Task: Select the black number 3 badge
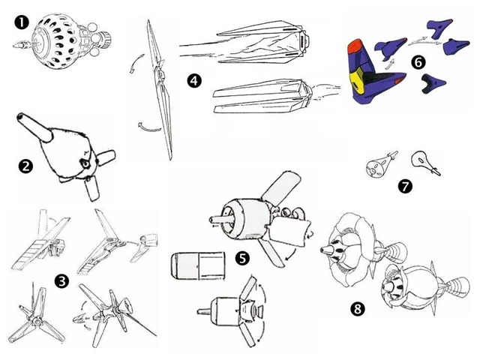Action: click(62, 281)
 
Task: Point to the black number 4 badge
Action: click(195, 80)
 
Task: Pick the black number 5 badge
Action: click(241, 258)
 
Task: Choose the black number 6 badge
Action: click(418, 62)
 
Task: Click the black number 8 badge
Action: click(359, 308)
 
